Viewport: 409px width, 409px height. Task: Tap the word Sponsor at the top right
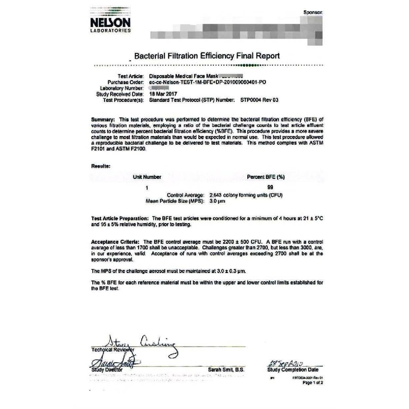(x=312, y=10)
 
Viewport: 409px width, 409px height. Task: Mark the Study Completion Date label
(x=291, y=370)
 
